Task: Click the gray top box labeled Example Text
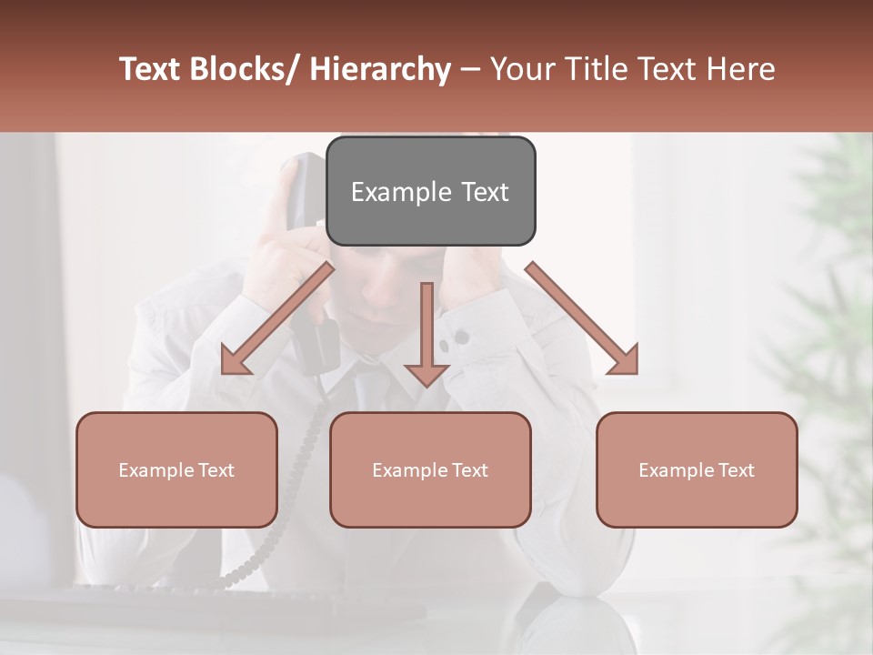point(430,191)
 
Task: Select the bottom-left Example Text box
point(176,469)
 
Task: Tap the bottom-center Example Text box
point(430,469)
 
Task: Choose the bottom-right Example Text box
point(697,469)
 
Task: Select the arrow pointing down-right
point(583,317)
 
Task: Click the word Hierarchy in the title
point(380,70)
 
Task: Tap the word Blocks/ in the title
point(242,69)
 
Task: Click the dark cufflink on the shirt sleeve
point(461,338)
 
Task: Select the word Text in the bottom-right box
point(735,469)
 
